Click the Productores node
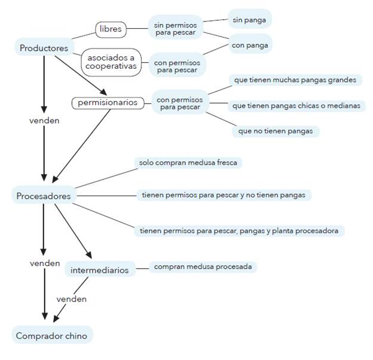pos(44,48)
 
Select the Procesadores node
pos(44,196)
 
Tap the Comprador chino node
pos(51,335)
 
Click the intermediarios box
pos(99,270)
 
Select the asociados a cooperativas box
pos(111,62)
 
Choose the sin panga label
pos(250,19)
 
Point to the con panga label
pos(250,44)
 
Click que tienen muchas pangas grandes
pos(296,80)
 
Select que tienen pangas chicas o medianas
pos(296,105)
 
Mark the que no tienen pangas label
pos(275,130)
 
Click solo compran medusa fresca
pos(189,162)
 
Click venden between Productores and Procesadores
pos(44,120)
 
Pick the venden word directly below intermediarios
pos(72,298)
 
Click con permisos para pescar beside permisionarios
pos(179,103)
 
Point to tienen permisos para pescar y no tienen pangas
pos(224,195)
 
